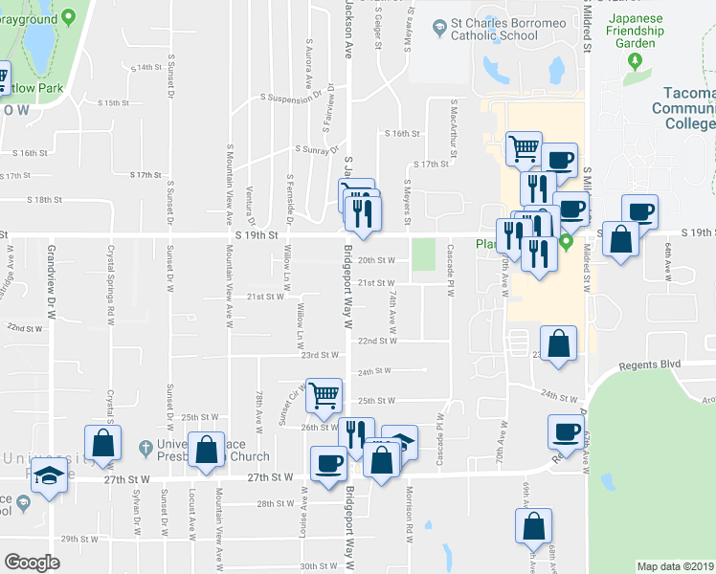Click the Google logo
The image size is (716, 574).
click(x=32, y=563)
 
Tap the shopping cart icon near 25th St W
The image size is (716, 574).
click(x=324, y=393)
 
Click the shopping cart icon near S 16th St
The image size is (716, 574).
click(x=524, y=147)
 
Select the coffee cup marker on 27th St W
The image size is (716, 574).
click(x=329, y=463)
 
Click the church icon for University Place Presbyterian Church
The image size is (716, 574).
click(x=145, y=447)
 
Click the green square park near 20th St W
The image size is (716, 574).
click(x=422, y=254)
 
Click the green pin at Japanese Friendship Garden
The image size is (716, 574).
click(x=633, y=61)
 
